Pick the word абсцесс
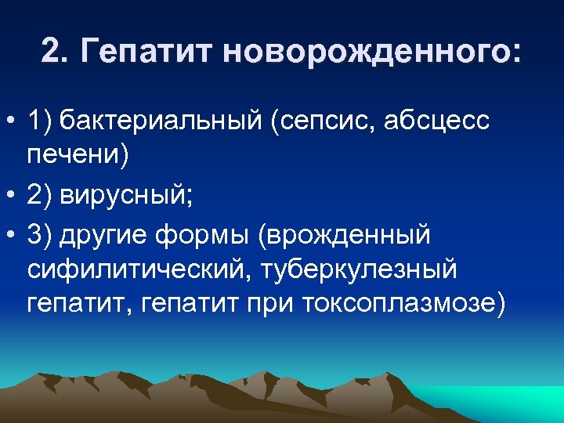pyautogui.click(x=443, y=122)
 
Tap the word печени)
pyautogui.click(x=77, y=155)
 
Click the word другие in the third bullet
pyautogui.click(x=113, y=234)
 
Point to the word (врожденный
pyautogui.click(x=347, y=234)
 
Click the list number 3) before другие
pyautogui.click(x=39, y=234)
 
